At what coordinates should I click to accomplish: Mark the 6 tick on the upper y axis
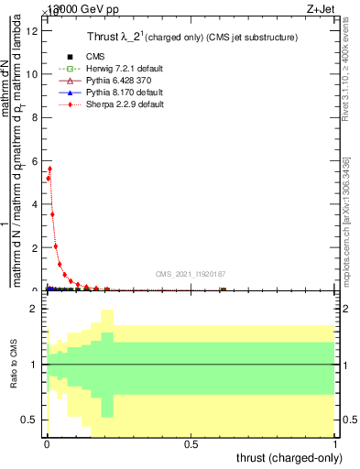[35, 161]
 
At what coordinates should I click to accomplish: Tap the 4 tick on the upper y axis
[35, 204]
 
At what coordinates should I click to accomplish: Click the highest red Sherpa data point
[49, 169]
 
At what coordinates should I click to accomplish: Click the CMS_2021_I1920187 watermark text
[191, 274]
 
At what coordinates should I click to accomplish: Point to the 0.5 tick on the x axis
[191, 444]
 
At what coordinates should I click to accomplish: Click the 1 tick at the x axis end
[335, 444]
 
